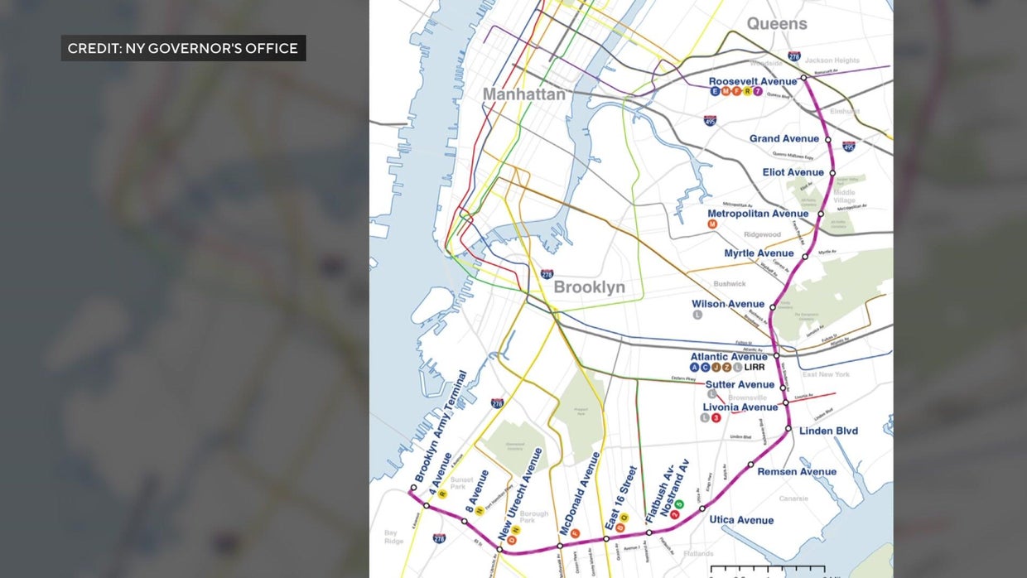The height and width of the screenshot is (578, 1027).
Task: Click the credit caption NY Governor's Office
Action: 183,48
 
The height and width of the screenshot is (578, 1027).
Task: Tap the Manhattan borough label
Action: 524,94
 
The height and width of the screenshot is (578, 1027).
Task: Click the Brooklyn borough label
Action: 589,287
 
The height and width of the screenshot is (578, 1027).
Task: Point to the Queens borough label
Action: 777,23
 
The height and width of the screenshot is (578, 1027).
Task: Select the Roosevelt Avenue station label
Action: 752,81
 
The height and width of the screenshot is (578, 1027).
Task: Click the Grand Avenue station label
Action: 784,138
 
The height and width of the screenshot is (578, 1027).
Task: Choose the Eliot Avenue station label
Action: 793,172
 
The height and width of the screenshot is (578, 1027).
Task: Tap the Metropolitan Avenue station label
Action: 757,214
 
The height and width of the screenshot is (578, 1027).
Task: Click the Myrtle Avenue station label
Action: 759,253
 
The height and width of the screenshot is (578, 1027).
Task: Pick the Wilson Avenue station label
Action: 728,304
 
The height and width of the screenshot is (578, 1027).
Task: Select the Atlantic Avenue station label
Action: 729,357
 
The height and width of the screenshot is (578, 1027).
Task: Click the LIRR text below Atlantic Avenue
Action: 755,367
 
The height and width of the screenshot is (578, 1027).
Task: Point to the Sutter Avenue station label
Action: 740,384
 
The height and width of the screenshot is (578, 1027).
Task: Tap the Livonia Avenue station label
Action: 740,407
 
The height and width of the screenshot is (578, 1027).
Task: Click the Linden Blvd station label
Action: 828,431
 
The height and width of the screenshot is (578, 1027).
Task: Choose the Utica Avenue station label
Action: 741,520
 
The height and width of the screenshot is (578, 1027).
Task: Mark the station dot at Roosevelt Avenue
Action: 803,77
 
